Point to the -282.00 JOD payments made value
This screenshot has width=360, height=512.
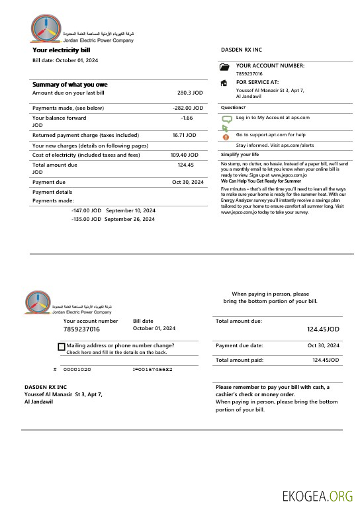187,108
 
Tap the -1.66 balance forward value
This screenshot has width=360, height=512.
187,118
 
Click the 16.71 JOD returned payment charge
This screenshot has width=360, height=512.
184,135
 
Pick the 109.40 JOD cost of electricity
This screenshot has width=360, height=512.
183,155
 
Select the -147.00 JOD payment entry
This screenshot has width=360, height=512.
86,210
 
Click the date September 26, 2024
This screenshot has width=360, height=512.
130,219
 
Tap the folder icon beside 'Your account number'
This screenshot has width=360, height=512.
224,67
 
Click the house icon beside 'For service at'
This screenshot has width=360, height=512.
224,83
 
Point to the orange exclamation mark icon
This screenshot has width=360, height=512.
225,136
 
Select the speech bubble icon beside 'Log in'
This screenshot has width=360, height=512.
226,119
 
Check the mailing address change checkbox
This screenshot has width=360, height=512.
62,346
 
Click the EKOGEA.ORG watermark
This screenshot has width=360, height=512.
317,496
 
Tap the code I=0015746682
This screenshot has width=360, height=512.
152,369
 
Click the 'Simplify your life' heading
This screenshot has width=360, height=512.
240,154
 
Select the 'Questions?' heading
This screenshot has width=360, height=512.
233,107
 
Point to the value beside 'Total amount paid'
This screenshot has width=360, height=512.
326,360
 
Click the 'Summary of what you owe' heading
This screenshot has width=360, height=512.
69,85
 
